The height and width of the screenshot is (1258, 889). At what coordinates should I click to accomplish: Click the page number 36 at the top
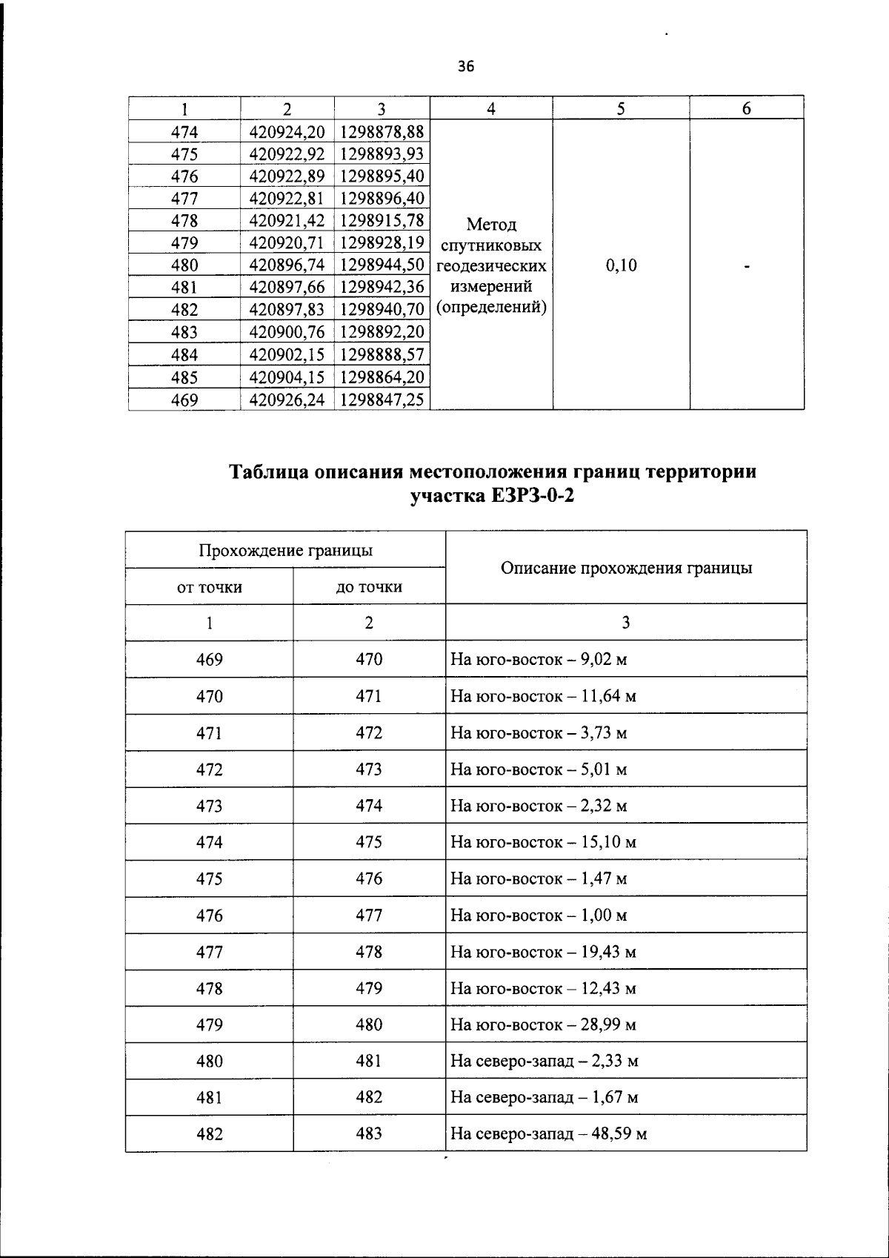coord(465,67)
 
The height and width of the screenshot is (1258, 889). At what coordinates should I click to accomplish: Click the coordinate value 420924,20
coord(287,132)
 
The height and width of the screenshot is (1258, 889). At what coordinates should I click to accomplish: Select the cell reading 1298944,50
coord(382,265)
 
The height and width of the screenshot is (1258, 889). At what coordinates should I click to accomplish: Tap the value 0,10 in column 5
coord(621,265)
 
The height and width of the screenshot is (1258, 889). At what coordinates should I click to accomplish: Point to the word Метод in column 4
coord(491,224)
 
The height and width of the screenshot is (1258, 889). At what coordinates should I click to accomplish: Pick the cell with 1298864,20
coord(382,377)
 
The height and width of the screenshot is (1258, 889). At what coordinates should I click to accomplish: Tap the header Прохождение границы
coord(285,550)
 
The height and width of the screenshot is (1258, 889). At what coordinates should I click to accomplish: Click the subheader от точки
coord(209,587)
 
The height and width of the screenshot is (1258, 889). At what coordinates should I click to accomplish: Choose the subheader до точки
coord(369,587)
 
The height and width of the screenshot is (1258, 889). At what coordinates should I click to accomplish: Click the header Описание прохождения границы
coord(626,568)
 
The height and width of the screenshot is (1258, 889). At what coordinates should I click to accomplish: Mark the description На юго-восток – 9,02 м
coord(539,659)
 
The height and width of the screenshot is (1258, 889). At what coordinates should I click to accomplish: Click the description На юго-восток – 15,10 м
coord(543,842)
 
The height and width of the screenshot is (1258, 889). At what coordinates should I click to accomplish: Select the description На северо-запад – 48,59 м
coord(549,1133)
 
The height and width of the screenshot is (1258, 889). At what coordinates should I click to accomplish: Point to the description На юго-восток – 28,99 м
coord(543,1024)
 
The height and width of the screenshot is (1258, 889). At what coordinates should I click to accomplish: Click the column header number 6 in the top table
coord(747,109)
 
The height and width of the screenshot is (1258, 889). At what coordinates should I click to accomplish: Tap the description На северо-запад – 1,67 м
coord(545,1097)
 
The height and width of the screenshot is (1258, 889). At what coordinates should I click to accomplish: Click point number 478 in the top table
coord(184,221)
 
